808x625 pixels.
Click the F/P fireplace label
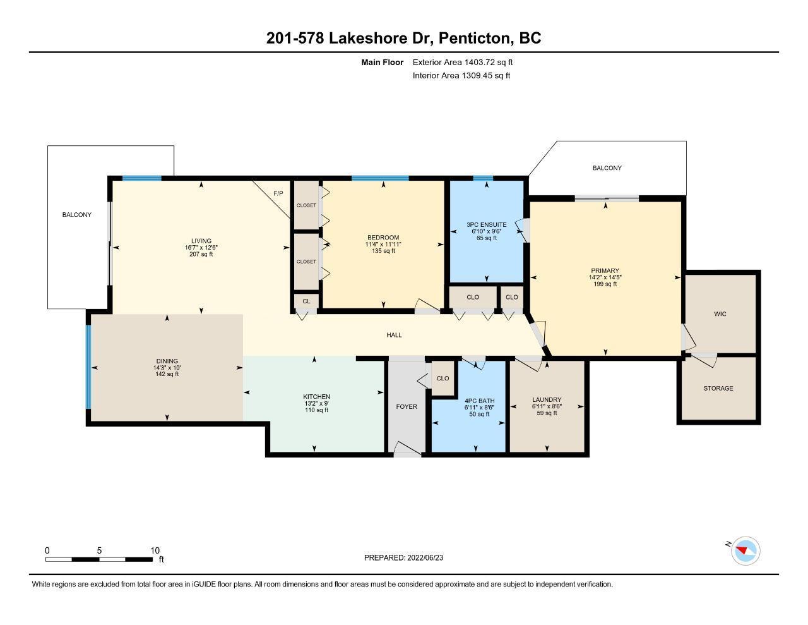click(278, 193)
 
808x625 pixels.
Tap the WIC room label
click(720, 314)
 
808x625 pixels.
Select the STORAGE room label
click(718, 388)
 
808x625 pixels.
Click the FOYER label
click(407, 406)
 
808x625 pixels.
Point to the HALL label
click(394, 335)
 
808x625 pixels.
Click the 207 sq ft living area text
click(201, 254)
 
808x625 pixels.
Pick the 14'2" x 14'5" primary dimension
click(605, 277)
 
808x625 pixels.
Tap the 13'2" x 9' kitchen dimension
click(316, 403)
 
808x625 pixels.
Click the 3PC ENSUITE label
click(486, 224)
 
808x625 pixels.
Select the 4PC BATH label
click(479, 401)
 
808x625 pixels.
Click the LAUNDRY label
click(547, 400)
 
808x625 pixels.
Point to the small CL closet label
click(306, 301)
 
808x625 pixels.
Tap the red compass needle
click(742, 550)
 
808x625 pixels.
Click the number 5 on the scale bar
click(99, 550)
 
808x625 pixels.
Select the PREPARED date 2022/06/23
click(425, 557)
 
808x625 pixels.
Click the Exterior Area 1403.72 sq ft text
click(463, 62)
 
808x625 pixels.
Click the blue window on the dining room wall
click(88, 367)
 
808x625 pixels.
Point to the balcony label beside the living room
click(76, 214)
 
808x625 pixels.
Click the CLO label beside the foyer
click(443, 378)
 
